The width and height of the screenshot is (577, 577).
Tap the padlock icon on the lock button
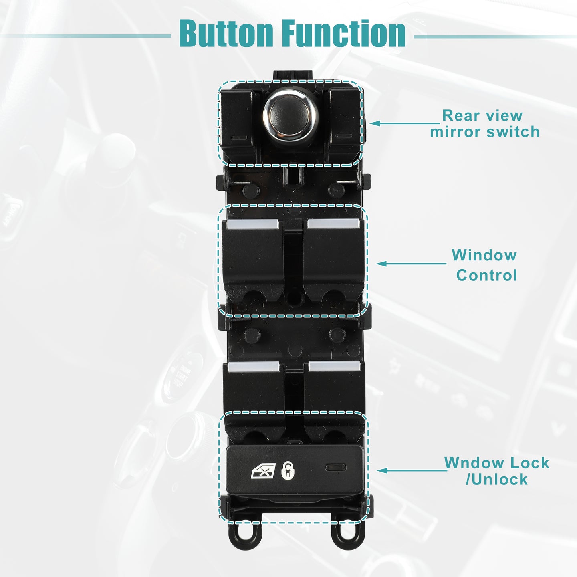288,470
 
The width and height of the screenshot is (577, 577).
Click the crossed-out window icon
263,470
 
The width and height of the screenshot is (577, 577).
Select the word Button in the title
226,33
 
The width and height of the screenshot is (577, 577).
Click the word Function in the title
344,33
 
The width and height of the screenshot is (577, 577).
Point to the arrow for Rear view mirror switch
405,123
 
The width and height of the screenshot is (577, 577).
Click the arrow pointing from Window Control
411,264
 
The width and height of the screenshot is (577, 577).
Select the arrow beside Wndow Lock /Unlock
412,471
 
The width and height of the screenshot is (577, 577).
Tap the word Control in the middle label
486,275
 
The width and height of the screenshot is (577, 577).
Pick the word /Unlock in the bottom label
496,479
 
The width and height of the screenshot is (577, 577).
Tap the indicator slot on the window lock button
336,467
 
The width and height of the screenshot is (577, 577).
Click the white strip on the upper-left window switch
253,224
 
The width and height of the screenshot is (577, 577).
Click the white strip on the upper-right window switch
333,224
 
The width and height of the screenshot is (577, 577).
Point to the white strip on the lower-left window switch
254,367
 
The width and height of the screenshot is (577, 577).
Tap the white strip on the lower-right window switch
335,366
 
